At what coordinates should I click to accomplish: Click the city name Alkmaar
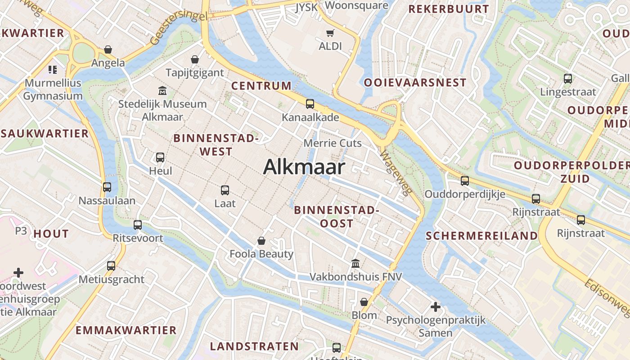tap(304, 167)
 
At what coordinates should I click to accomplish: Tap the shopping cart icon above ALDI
tap(330, 33)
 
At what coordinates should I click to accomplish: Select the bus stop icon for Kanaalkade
tap(310, 104)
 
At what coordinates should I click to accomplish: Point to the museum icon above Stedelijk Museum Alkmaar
tap(162, 91)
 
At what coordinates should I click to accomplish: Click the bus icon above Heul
tap(160, 157)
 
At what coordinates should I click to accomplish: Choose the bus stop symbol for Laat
tap(225, 190)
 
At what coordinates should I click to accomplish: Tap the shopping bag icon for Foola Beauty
tap(261, 241)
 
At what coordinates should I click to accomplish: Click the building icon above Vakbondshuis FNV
tap(355, 263)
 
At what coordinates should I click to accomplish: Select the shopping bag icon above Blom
tap(364, 302)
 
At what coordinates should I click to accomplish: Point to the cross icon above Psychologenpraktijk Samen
tap(435, 307)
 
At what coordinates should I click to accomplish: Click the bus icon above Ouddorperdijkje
tap(465, 181)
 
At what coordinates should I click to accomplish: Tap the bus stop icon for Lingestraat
tap(568, 79)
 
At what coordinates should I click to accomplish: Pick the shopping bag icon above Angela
tap(108, 49)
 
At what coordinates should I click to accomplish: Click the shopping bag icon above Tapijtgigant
tap(195, 59)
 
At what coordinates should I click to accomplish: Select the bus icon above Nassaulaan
tap(107, 187)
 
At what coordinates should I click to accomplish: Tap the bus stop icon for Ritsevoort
tap(138, 225)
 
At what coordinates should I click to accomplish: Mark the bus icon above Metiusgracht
tap(111, 266)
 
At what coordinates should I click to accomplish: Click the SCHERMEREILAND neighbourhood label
tap(481, 236)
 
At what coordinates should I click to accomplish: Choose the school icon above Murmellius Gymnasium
tap(53, 70)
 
